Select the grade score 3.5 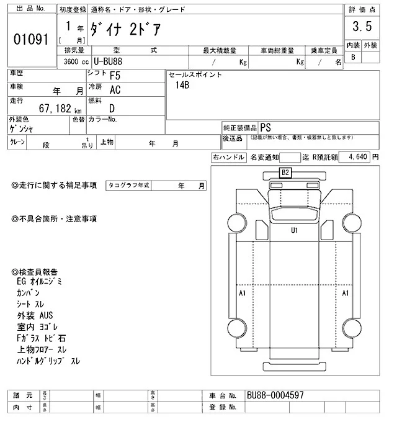point(362,27)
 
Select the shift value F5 point(115,75)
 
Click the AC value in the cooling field point(115,91)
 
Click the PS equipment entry point(265,125)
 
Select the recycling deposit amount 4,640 point(360,158)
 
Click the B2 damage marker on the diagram point(286,172)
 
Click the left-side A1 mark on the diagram point(243,292)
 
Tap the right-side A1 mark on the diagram point(346,292)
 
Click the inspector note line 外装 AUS point(35,316)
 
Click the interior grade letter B point(354,58)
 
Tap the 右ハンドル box point(228,158)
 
